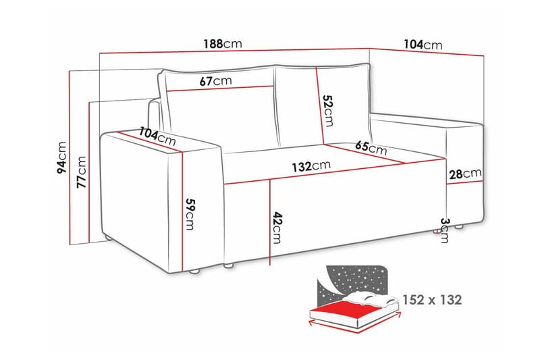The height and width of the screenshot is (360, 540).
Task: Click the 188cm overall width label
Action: pos(223,45)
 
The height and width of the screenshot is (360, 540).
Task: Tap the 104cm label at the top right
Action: pos(423,45)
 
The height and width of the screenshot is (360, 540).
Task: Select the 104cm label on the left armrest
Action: pos(157,137)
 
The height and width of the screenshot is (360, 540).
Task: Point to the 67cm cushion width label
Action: pos(215,81)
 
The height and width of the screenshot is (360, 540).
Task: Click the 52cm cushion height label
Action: pos(328,110)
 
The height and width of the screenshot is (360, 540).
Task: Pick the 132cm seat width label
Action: pos(312,165)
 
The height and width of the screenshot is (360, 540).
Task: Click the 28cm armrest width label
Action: pos(465,174)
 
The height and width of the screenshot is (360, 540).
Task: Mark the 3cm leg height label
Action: pos(443,230)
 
